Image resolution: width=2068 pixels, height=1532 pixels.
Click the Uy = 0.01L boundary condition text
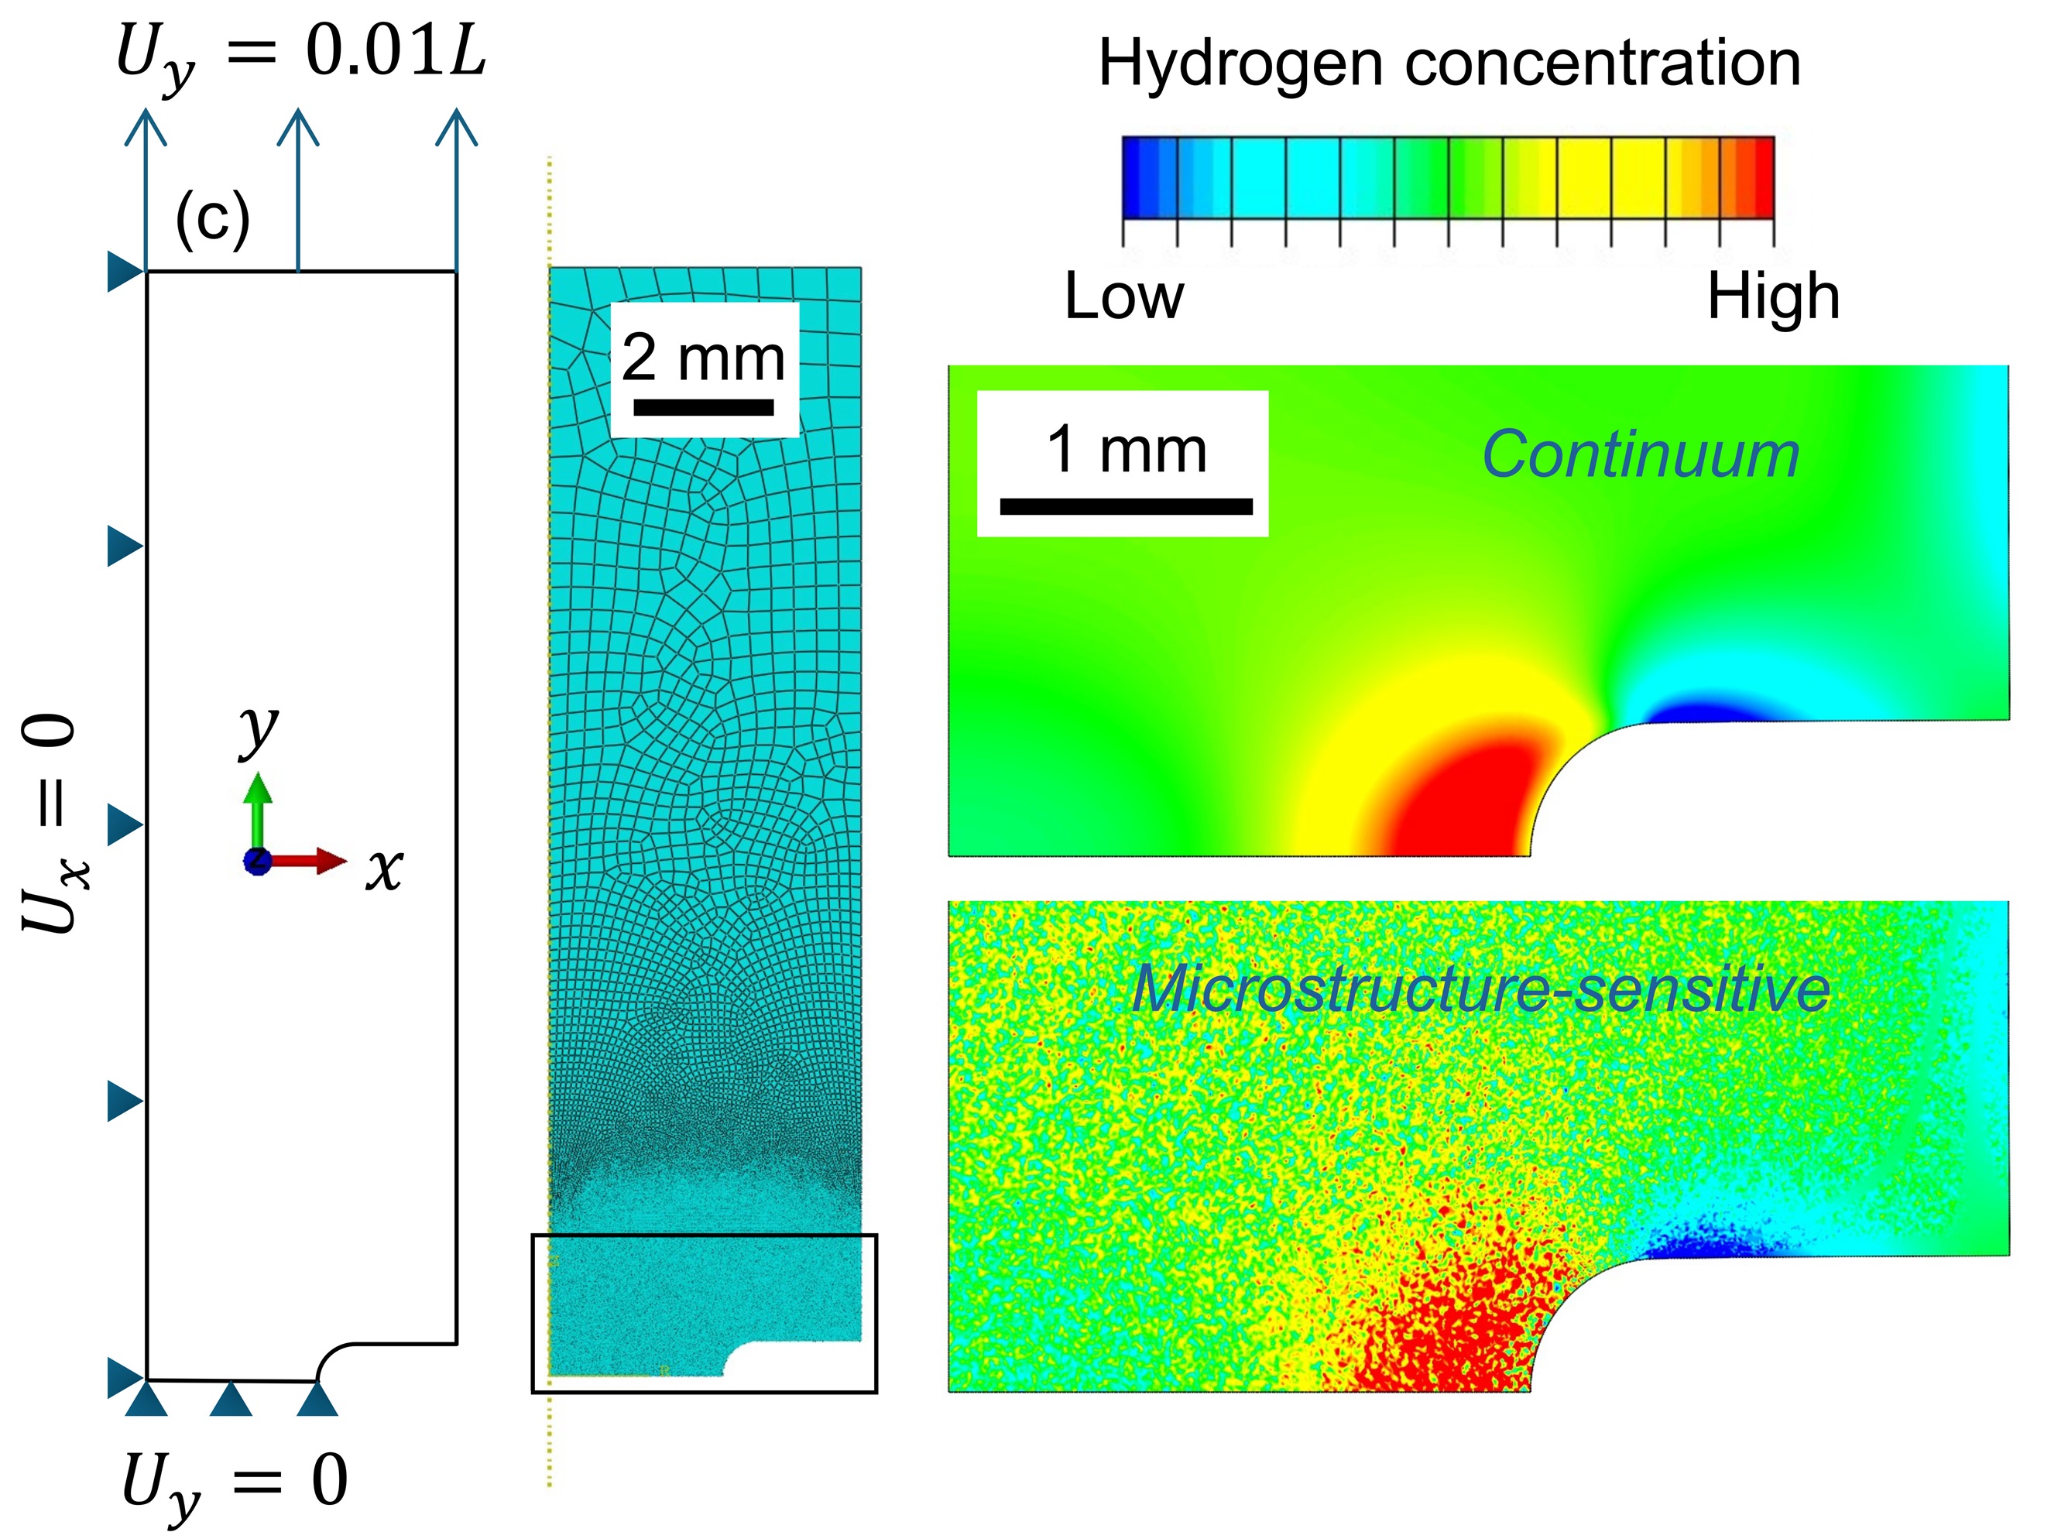tap(300, 53)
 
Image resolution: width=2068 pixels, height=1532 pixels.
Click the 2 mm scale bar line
tap(703, 407)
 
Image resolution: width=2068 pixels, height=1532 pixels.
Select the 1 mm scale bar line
tap(1125, 506)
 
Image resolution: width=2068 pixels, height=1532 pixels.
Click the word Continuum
tap(1640, 454)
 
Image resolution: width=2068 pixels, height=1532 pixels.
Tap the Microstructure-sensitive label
tap(1480, 989)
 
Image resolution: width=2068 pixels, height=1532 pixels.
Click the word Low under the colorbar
tap(1124, 296)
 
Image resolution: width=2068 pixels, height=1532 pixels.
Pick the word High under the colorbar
tap(1772, 296)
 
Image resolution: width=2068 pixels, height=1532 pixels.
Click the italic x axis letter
tap(384, 870)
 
